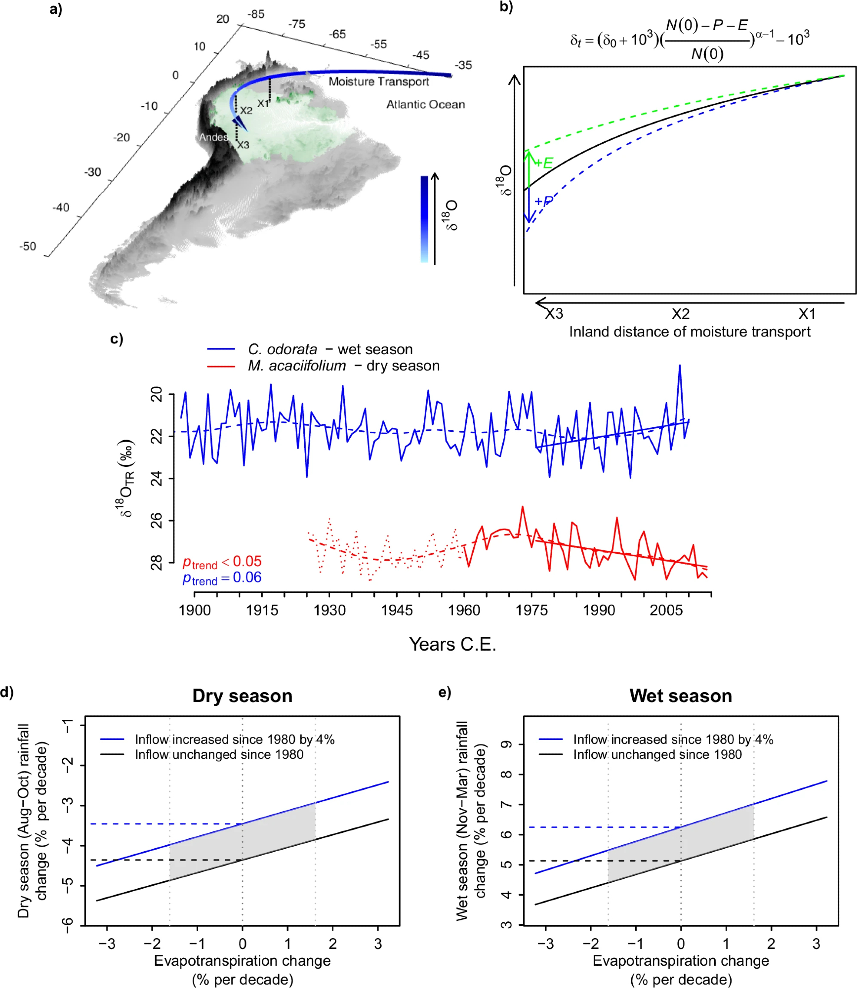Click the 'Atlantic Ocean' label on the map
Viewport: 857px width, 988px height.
pyautogui.click(x=425, y=105)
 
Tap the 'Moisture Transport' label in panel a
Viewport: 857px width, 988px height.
pyautogui.click(x=379, y=82)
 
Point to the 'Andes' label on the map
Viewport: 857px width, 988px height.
pyautogui.click(x=213, y=137)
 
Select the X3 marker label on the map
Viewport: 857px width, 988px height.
pyautogui.click(x=243, y=145)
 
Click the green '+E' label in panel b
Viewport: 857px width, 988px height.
pyautogui.click(x=544, y=163)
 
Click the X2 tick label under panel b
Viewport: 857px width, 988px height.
pyautogui.click(x=680, y=314)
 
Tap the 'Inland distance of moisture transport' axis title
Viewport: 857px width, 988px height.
pyautogui.click(x=690, y=332)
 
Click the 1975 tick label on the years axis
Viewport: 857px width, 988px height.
pyautogui.click(x=531, y=611)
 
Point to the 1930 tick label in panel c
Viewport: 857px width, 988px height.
pyautogui.click(x=329, y=611)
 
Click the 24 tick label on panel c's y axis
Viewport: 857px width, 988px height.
pyautogui.click(x=157, y=478)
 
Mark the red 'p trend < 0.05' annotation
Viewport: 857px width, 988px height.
pyautogui.click(x=222, y=562)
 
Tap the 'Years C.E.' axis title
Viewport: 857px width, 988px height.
pyautogui.click(x=452, y=645)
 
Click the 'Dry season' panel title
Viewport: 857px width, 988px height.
pyautogui.click(x=243, y=696)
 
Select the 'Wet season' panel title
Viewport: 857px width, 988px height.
pyautogui.click(x=681, y=696)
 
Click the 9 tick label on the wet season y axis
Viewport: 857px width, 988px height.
pyautogui.click(x=507, y=744)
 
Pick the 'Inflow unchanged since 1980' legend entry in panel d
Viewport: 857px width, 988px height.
pyautogui.click(x=219, y=754)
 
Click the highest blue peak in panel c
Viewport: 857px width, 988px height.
pyautogui.click(x=680, y=366)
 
